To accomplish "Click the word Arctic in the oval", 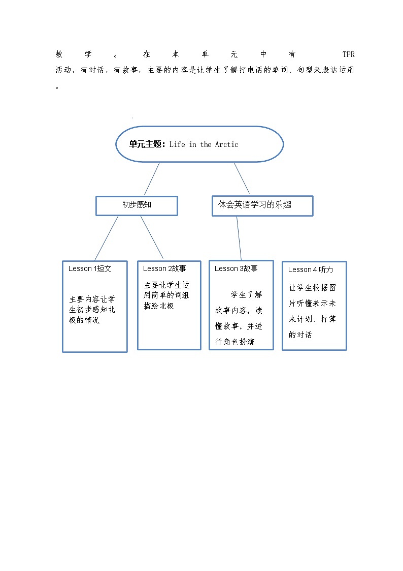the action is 226,144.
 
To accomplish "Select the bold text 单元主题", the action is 145,144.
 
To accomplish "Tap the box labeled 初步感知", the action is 137,205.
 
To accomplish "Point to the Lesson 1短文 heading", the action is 90,268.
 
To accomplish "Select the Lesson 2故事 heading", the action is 164,268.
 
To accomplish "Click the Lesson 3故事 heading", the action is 236,268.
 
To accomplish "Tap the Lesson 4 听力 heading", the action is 311,269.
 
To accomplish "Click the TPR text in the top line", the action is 348,54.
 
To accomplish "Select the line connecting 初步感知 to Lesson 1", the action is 107,237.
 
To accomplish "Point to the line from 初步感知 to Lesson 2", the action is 152,237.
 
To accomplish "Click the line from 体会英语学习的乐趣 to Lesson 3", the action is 239,238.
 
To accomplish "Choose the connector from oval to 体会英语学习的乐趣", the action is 242,178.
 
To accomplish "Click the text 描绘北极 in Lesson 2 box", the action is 159,306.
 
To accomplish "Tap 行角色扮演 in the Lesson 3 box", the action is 235,342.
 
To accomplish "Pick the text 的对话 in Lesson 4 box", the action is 300,335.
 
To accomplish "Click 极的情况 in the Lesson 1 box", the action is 85,320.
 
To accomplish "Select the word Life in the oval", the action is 177,144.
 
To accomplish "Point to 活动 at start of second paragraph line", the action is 64,70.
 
